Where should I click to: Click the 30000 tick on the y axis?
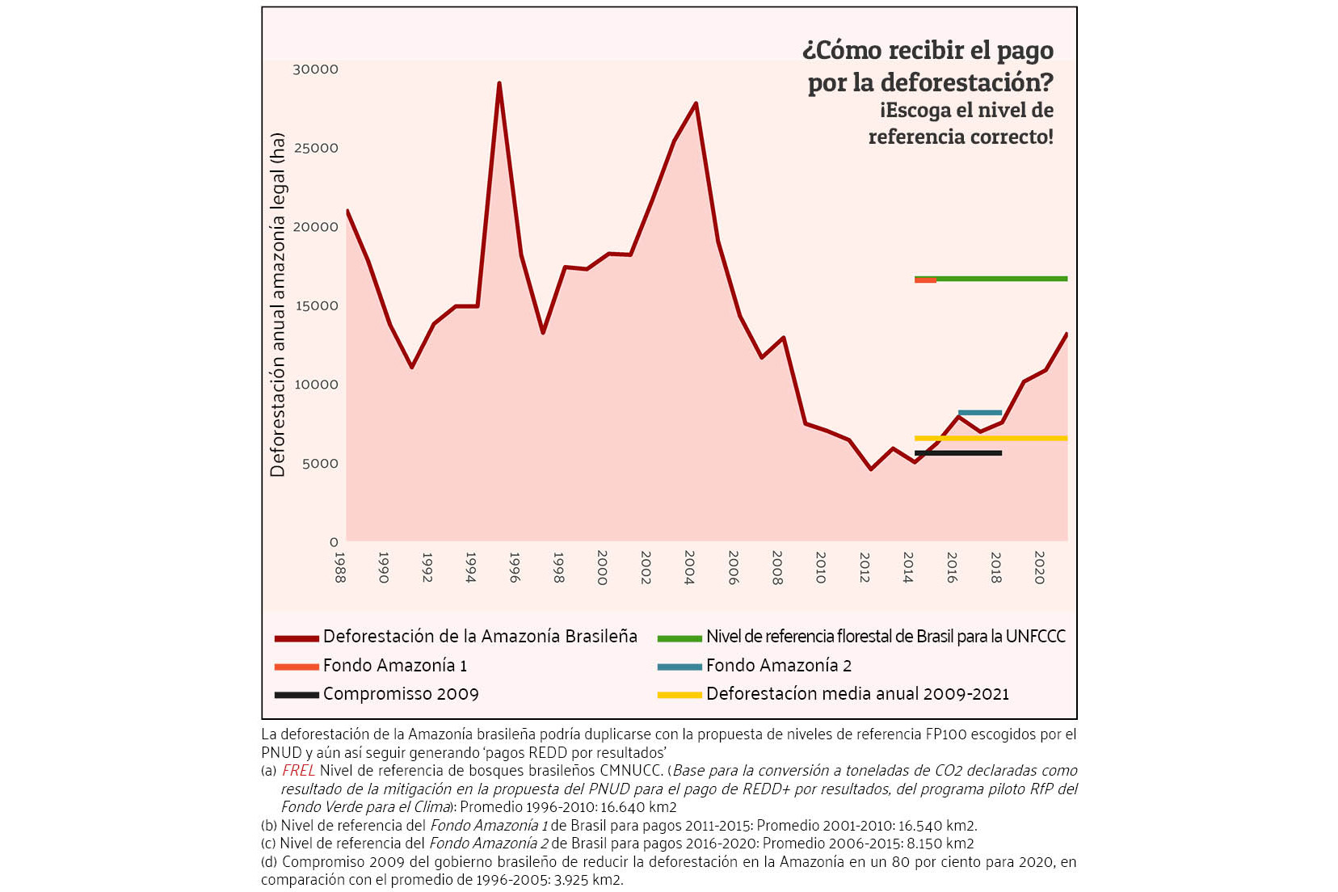tap(315, 69)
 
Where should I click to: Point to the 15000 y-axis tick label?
tap(317, 306)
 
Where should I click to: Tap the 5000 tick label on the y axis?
tap(320, 464)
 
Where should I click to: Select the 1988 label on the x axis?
tap(340, 567)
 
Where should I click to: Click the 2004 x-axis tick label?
tap(689, 567)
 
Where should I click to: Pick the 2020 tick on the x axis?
tap(1039, 567)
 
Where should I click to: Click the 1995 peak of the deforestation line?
tap(499, 83)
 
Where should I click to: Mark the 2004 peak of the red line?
tap(696, 103)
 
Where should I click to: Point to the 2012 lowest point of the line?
tap(871, 469)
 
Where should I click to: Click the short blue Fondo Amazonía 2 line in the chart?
tap(979, 413)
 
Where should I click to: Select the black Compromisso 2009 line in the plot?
tap(958, 453)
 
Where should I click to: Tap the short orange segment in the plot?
tap(925, 280)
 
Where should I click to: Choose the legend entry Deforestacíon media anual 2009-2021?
tap(833, 694)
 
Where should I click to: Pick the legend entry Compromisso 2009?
tap(377, 694)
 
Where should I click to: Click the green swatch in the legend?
tap(680, 638)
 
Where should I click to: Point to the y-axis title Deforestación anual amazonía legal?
tap(278, 305)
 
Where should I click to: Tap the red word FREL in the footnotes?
tap(298, 771)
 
